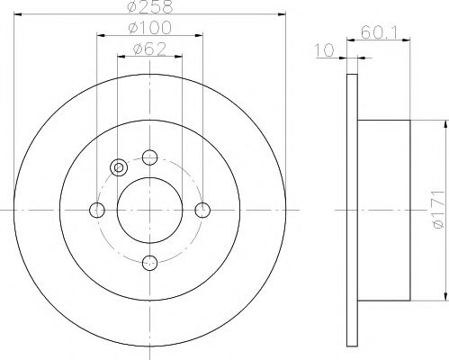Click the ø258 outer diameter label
150,8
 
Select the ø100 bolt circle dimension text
150,30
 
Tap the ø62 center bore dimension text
150,50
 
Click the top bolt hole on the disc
150,157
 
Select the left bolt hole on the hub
98,210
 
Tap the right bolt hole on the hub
202,210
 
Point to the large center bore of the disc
150,210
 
